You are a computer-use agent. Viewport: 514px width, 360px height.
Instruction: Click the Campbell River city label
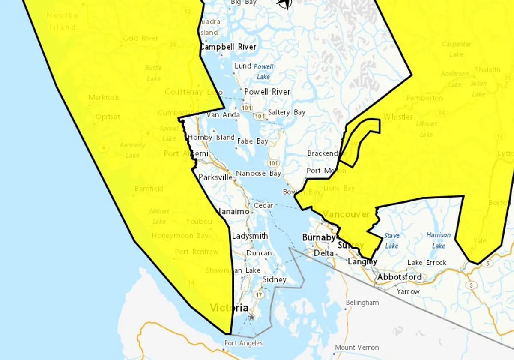click(x=228, y=47)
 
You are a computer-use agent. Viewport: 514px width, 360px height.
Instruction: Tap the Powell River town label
click(x=267, y=92)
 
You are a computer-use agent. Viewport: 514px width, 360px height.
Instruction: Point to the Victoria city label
click(x=229, y=308)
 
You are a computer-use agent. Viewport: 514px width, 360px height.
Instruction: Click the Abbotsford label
click(x=399, y=277)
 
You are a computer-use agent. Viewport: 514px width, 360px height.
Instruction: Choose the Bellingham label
click(x=362, y=303)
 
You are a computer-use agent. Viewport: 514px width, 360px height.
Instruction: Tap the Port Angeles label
click(x=243, y=343)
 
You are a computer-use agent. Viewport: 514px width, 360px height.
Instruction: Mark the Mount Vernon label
click(x=357, y=347)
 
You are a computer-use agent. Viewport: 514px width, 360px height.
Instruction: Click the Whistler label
click(x=398, y=117)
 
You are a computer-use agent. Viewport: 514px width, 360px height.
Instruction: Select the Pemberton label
click(x=424, y=98)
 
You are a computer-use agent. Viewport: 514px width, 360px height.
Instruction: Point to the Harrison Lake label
click(x=439, y=240)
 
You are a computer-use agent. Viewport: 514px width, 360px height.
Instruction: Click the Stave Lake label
click(x=391, y=240)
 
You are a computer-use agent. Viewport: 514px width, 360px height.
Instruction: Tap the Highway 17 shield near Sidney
click(x=258, y=295)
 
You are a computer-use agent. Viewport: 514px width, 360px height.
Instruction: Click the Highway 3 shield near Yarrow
click(x=471, y=285)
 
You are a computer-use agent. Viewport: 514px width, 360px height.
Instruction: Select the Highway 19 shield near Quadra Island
click(x=188, y=12)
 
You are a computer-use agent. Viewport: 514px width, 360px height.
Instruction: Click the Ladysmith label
click(x=250, y=236)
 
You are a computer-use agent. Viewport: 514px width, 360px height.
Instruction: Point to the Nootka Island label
click(x=62, y=21)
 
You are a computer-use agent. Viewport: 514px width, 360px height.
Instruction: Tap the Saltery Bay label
click(x=287, y=112)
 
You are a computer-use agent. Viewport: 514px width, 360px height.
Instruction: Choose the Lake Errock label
click(x=427, y=262)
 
